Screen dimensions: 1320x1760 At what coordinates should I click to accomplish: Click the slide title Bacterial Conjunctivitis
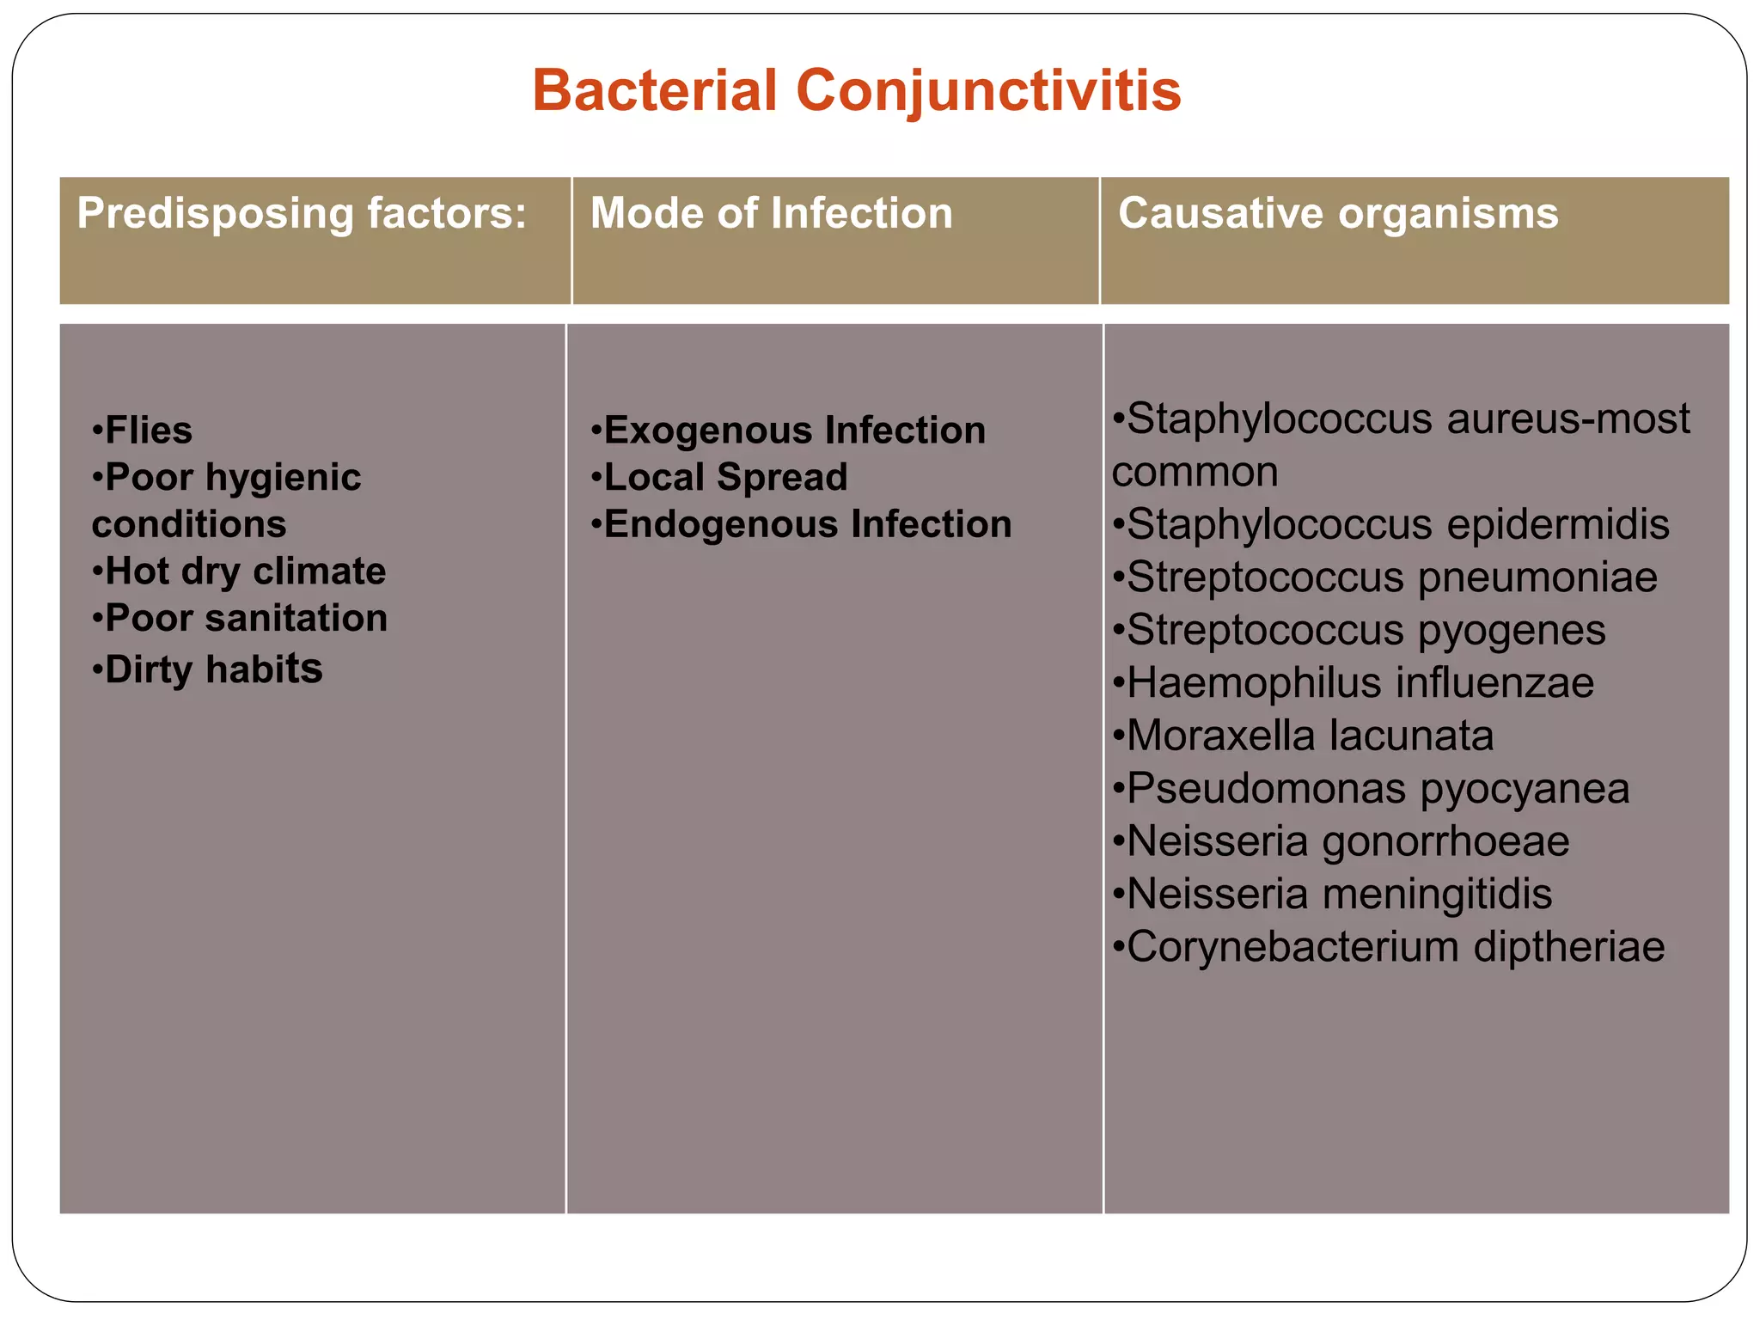coord(857,90)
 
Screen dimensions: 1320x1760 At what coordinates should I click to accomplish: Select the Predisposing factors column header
coord(302,213)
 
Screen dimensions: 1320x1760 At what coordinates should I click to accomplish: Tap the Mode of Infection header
coord(772,213)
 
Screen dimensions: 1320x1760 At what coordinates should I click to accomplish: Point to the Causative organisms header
coord(1338,213)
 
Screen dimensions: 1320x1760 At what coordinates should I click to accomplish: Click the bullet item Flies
coord(143,430)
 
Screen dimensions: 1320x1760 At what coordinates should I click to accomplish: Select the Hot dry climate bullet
coord(240,571)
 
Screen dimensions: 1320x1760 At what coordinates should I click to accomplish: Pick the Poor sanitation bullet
coord(241,619)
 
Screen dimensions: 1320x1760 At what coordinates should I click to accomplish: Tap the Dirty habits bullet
coord(208,669)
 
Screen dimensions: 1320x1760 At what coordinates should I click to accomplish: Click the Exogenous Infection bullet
coord(788,431)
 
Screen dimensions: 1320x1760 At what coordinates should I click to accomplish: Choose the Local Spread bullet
coord(719,478)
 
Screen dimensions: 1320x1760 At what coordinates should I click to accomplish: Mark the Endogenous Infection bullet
coord(801,524)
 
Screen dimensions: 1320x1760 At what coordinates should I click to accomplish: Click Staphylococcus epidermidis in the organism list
coord(1390,525)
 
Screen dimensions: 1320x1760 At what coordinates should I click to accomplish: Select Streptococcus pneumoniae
coord(1384,577)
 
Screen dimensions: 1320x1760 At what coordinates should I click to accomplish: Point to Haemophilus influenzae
coord(1354,683)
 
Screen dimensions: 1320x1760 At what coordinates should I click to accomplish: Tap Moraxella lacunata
coord(1303,736)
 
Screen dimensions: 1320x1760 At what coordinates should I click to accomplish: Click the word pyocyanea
coord(1525,790)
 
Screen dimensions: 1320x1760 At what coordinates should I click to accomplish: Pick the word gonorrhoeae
coord(1446,842)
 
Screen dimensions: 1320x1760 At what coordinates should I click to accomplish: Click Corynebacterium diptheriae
coord(1389,947)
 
